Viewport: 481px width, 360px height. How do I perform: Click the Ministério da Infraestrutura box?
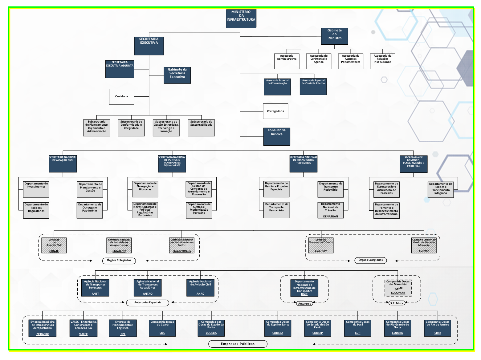[x=241, y=19]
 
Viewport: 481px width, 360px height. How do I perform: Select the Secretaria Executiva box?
[x=149, y=46]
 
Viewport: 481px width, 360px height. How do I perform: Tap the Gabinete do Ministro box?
[x=334, y=36]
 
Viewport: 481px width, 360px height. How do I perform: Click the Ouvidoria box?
[x=121, y=97]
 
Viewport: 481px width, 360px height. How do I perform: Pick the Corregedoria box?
[x=275, y=111]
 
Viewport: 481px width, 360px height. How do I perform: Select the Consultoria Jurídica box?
[x=276, y=136]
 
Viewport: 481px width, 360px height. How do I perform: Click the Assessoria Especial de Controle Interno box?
[x=313, y=87]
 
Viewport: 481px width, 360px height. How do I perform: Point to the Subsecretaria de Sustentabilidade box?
[x=201, y=127]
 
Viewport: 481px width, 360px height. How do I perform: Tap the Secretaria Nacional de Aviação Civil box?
[x=63, y=164]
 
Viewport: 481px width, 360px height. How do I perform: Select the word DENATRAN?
[x=330, y=216]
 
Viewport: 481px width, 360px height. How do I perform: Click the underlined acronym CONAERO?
[x=119, y=251]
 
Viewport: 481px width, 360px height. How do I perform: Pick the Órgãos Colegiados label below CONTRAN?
[x=370, y=260]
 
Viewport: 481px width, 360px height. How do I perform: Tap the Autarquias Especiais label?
[x=148, y=303]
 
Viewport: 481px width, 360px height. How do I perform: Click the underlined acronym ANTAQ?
[x=148, y=294]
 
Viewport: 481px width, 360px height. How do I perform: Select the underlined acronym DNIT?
[x=304, y=294]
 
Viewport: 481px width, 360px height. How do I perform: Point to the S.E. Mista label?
[x=397, y=303]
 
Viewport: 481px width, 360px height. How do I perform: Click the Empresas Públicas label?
[x=238, y=344]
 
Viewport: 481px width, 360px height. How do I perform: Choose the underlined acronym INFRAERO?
[x=43, y=334]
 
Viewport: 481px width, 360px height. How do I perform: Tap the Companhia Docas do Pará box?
[x=357, y=328]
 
